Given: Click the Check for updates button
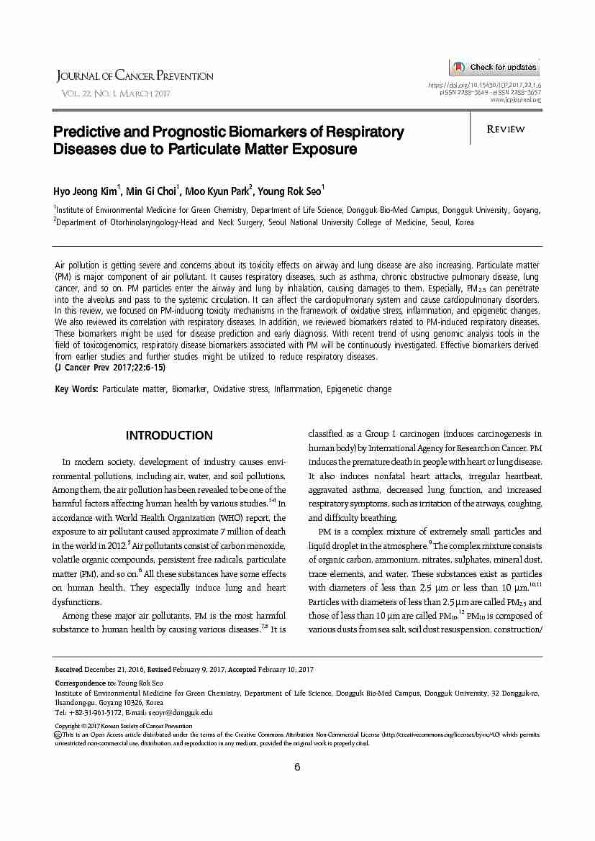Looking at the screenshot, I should click(494, 68).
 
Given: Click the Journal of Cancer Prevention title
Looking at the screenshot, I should click(135, 76).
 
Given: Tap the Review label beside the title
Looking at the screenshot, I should click(506, 129).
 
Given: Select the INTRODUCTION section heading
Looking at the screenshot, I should click(169, 435).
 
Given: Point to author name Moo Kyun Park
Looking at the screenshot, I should click(217, 192).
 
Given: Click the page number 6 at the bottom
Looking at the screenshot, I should click(297, 766).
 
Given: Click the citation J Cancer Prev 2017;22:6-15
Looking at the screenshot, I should click(110, 367).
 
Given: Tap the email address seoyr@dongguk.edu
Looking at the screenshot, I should click(184, 712).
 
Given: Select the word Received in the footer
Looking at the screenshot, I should click(68, 670).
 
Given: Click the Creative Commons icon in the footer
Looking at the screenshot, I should click(58, 735).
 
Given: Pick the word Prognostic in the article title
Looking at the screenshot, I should click(222, 132).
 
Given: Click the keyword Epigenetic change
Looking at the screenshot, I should click(359, 389).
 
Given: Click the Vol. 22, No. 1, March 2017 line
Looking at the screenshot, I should click(116, 94).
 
